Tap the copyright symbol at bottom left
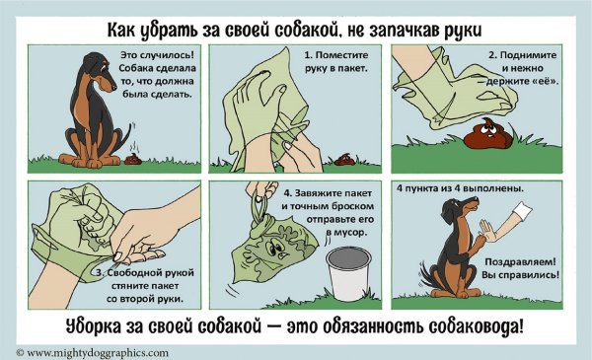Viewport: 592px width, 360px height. point(20,352)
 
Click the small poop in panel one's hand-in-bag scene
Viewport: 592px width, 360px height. point(344,158)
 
